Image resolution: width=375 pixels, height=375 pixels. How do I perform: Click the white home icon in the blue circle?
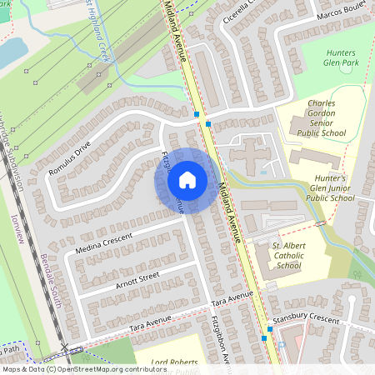tap(187, 180)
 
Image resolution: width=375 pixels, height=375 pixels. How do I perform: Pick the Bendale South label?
tap(50, 282)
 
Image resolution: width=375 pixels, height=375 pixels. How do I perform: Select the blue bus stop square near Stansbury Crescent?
tap(269, 329)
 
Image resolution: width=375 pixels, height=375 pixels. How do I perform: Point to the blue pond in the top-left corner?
tap(10, 52)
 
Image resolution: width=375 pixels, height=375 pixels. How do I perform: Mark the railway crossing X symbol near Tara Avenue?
tap(64, 347)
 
